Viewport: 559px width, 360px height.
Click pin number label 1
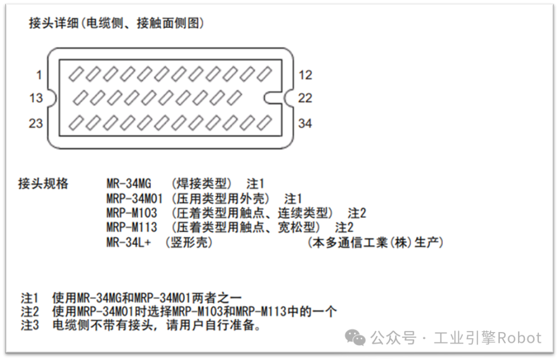coord(39,76)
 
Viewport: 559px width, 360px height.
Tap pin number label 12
coord(305,76)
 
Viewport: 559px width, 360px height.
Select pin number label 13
coord(36,98)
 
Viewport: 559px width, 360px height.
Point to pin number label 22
coord(305,98)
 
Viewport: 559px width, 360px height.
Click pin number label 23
coord(36,123)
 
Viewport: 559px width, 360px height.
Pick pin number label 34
coord(305,123)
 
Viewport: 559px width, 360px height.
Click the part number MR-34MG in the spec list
coord(129,183)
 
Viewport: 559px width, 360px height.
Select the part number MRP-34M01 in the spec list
coord(135,198)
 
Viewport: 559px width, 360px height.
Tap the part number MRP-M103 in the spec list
coord(131,213)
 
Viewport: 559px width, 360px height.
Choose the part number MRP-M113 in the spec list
coord(131,227)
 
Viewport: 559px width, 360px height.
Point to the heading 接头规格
coord(43,183)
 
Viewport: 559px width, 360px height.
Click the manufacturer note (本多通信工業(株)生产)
coord(375,242)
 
